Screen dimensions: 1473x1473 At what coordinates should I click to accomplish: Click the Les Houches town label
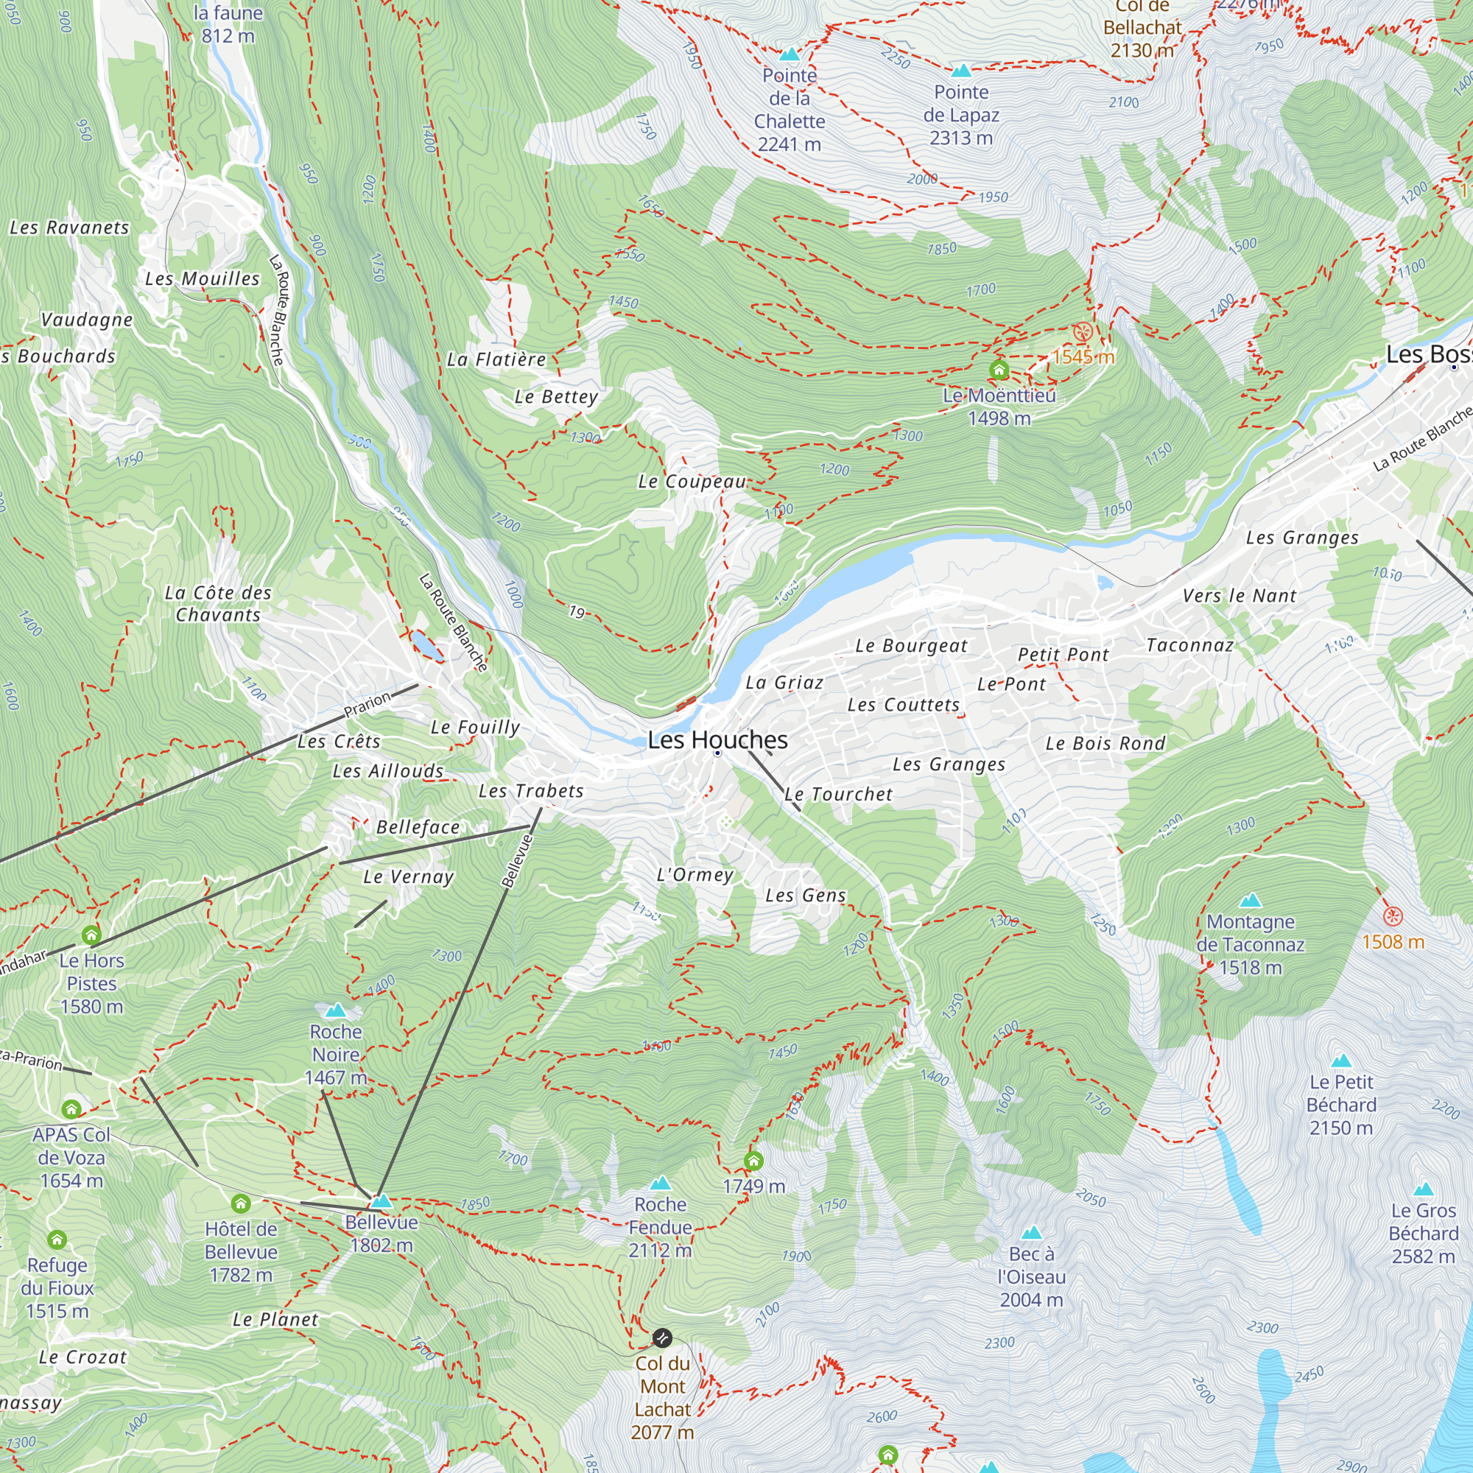pos(717,739)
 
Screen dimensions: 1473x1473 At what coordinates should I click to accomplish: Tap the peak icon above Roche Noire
pos(335,1011)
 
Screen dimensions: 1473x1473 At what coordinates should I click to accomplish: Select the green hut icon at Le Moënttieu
pos(999,370)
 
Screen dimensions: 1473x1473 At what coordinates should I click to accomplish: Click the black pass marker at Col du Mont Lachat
pos(663,1337)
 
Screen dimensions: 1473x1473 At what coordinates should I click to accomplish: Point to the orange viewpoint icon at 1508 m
pos(1392,915)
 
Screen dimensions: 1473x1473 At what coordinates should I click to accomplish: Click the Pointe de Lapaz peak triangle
pos(961,71)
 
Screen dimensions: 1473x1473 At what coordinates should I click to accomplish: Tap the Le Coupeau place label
pos(692,482)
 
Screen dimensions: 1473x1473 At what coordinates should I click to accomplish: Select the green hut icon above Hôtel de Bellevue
pos(241,1204)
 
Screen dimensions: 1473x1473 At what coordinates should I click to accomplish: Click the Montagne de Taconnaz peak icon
pos(1250,901)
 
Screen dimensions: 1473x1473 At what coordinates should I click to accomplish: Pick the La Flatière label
pos(496,359)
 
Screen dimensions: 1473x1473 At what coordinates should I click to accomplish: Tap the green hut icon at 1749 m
pos(753,1161)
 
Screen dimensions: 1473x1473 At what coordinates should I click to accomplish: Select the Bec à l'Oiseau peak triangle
pos(1031,1233)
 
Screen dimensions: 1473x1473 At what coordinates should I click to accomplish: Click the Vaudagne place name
pos(87,320)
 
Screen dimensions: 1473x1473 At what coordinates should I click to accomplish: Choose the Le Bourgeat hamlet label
pos(910,646)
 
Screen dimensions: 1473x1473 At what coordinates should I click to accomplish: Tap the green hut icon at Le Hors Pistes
pos(91,935)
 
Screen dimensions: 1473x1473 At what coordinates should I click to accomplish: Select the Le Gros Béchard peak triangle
pos(1423,1189)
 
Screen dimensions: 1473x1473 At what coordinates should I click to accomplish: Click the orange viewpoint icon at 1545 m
pos(1083,332)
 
